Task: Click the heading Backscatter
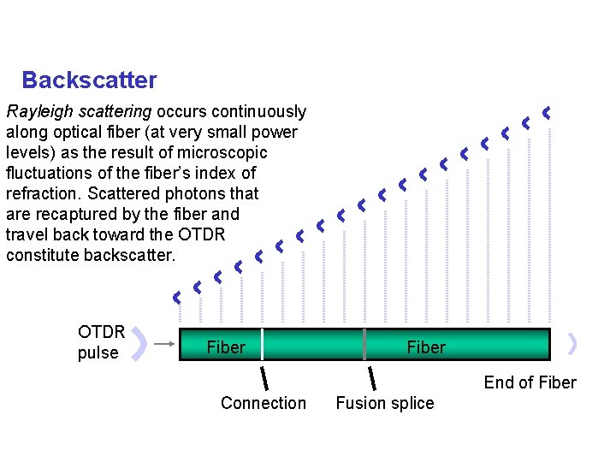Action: (89, 80)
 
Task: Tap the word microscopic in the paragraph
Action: (224, 153)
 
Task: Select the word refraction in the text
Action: (43, 194)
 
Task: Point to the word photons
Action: (203, 194)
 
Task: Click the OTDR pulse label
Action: (101, 342)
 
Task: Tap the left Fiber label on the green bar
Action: (226, 347)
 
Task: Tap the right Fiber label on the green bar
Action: (426, 347)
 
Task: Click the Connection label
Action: (263, 403)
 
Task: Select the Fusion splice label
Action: (384, 403)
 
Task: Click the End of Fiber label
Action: (530, 382)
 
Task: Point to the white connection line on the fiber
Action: (262, 344)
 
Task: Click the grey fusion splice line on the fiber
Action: (364, 344)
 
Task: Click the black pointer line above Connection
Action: (265, 377)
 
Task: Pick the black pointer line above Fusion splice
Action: (371, 377)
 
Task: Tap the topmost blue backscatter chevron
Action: (546, 112)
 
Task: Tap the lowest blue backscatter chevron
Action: (177, 298)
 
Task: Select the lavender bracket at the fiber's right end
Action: (572, 344)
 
